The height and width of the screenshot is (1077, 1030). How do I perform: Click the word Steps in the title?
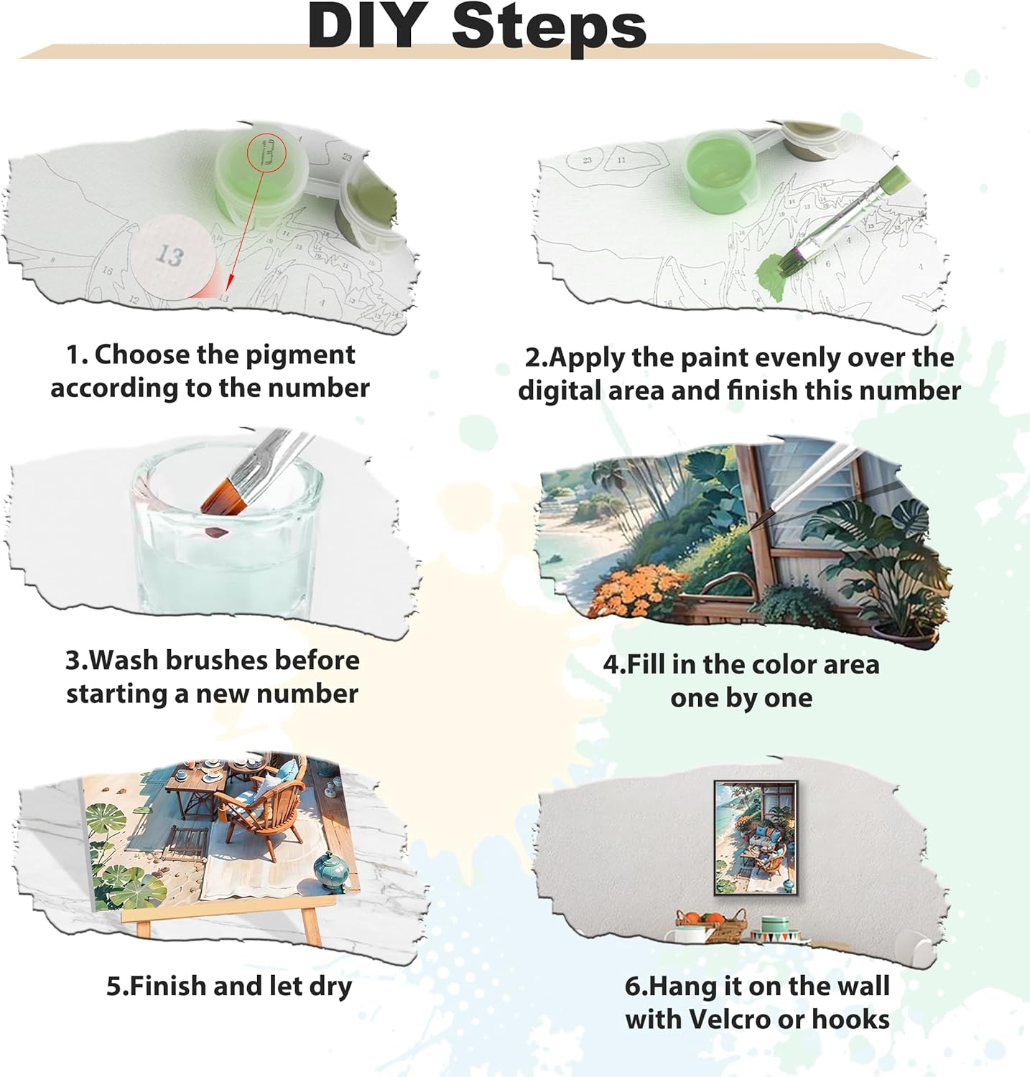pos(549,27)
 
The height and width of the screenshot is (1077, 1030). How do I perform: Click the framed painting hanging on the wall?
pos(755,837)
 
